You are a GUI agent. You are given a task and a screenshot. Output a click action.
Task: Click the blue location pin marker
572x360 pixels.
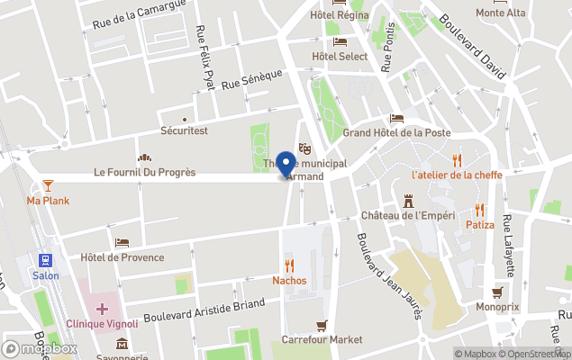pyautogui.click(x=286, y=164)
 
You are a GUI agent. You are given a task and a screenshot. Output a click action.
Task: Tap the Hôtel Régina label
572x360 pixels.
pyautogui.click(x=340, y=14)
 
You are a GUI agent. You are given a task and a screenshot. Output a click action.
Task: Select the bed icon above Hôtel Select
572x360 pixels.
pyautogui.click(x=340, y=41)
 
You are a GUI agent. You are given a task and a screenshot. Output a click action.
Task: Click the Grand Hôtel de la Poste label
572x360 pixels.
pyautogui.click(x=396, y=132)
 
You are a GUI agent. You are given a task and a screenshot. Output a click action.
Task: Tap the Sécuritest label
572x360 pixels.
pyautogui.click(x=184, y=130)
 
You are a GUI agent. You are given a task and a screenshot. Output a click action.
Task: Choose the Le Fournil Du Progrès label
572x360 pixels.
pyautogui.click(x=144, y=172)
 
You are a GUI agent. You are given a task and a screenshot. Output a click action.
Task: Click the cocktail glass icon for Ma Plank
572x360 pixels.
pyautogui.click(x=48, y=184)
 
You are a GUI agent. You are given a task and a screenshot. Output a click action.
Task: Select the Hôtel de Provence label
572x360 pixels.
pyautogui.click(x=122, y=257)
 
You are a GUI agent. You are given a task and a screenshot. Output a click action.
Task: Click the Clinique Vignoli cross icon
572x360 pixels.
pyautogui.click(x=103, y=309)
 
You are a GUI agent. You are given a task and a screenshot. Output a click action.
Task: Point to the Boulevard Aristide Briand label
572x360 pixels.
pyautogui.click(x=204, y=310)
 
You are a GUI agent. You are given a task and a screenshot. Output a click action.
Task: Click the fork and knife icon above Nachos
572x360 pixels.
pyautogui.click(x=289, y=265)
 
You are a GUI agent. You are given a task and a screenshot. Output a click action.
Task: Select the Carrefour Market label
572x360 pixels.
pyautogui.click(x=322, y=339)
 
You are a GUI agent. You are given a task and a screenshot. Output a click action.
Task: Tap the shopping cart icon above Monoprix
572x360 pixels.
pyautogui.click(x=497, y=292)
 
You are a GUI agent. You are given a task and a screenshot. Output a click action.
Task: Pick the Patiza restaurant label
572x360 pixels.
pyautogui.click(x=480, y=224)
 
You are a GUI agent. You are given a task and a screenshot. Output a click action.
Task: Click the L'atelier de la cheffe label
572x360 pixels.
pyautogui.click(x=457, y=175)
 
